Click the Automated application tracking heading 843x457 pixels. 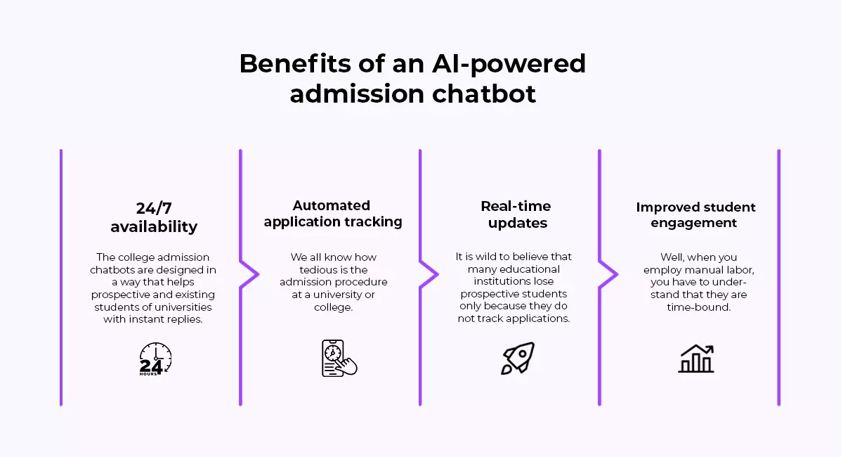[x=333, y=214]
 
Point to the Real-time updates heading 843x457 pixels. [x=516, y=214]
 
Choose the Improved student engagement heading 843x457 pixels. [x=695, y=214]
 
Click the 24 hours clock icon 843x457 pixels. [x=155, y=359]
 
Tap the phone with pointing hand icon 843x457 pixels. [x=339, y=359]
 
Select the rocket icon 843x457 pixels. [x=518, y=358]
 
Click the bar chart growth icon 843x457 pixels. [x=696, y=359]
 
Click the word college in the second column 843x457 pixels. [x=333, y=308]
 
